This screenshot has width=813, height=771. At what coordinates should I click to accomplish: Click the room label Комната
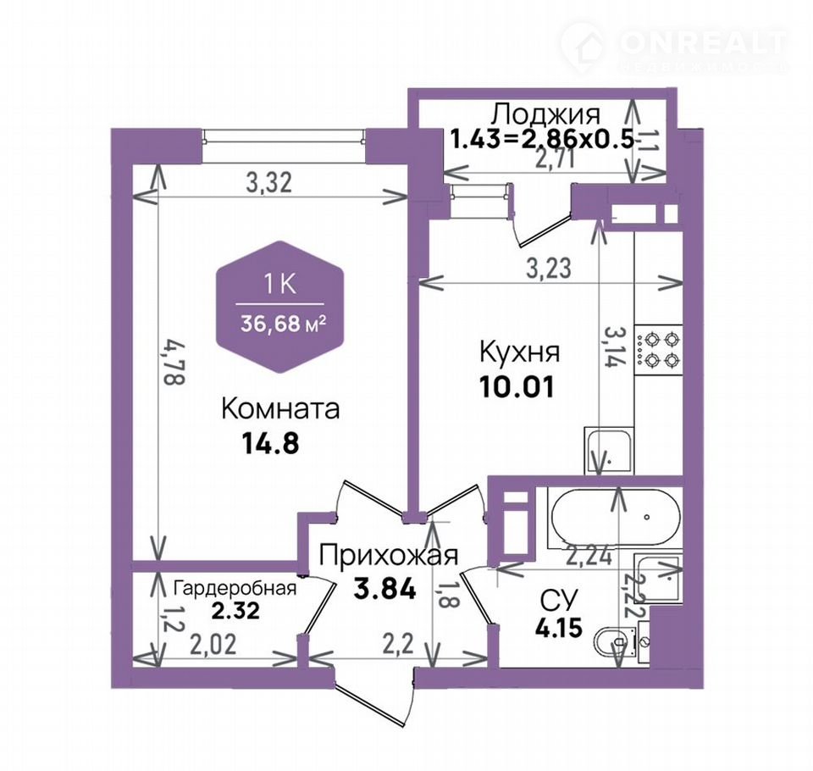click(280, 408)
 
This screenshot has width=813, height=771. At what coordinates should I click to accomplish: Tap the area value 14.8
click(270, 444)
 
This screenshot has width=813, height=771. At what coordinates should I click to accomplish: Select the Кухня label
click(519, 352)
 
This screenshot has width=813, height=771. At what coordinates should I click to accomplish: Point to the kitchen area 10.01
click(517, 386)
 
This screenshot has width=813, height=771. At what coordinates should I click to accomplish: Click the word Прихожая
click(389, 555)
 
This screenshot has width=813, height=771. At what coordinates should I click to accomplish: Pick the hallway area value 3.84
click(384, 589)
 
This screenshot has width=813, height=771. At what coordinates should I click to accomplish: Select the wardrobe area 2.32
click(235, 611)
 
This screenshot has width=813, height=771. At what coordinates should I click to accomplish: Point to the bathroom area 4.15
click(558, 627)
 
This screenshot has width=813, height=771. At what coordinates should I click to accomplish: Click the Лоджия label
click(546, 114)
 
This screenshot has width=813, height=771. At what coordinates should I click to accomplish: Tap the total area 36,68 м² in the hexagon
click(283, 324)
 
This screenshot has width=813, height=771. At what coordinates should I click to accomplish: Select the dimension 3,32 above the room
click(269, 183)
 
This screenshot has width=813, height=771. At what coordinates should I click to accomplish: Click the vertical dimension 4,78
click(174, 361)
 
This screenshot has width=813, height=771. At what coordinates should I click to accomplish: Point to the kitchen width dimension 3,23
click(549, 269)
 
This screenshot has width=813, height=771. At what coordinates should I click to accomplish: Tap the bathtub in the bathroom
click(615, 518)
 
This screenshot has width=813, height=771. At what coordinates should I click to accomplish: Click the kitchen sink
click(609, 450)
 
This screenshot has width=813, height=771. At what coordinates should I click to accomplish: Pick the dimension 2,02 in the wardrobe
click(213, 645)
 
